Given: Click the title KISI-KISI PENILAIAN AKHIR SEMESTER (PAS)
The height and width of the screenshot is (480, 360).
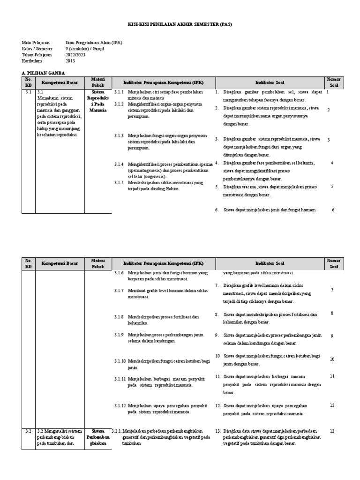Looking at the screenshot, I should coord(180,24).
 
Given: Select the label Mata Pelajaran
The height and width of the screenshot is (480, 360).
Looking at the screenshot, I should coord(36,42).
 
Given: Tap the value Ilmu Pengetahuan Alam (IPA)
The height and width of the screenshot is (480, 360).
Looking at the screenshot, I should coord(93,42).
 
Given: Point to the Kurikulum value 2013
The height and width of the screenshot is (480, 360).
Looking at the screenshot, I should coord(70,60).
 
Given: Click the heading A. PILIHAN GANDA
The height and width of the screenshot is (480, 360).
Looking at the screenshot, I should coord(44,73).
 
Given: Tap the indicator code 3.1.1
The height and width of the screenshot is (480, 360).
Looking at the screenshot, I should coord(119,92).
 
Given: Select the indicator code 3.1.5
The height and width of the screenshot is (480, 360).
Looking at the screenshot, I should coord(119,182).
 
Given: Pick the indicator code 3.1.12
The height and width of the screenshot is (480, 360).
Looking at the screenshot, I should coord(120,405).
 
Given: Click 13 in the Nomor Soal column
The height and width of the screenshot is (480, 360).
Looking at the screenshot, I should coord(332,431).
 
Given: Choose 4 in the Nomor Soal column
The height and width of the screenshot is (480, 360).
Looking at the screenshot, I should coord(332,163).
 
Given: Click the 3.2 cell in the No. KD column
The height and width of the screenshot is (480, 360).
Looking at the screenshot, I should coord(28,431).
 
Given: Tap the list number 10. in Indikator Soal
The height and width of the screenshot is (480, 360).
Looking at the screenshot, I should coord(218,355).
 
